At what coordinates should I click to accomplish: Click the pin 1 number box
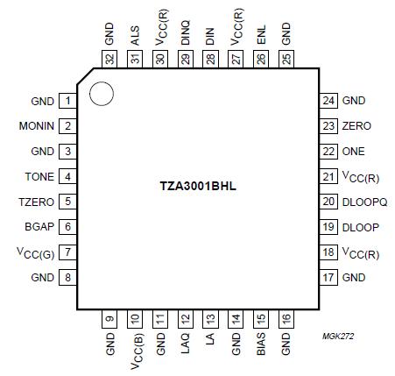(x=67, y=101)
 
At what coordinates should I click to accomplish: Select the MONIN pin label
(x=37, y=126)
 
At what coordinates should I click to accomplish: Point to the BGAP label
(x=41, y=227)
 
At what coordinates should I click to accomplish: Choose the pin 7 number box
(x=67, y=252)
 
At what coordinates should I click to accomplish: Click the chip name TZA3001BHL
(x=198, y=188)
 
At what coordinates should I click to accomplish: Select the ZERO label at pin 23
(x=356, y=126)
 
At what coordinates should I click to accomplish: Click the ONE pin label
(x=354, y=152)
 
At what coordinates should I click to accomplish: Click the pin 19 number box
(x=328, y=227)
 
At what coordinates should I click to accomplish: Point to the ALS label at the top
(x=135, y=36)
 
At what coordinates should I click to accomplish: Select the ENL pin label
(x=261, y=36)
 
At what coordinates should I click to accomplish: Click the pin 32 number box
(x=109, y=59)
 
